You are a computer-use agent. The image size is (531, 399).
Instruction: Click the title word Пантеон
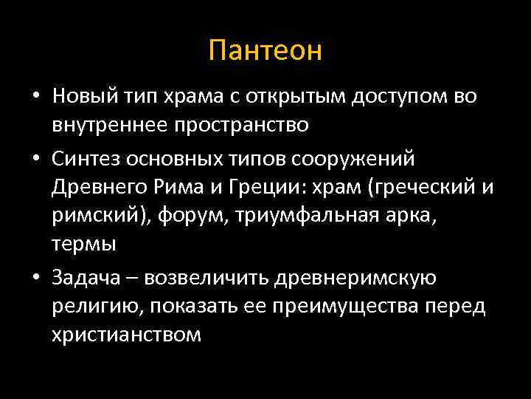[265, 51]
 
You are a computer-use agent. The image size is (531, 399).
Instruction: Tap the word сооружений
[361, 159]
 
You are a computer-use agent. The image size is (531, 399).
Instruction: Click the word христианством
[126, 333]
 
